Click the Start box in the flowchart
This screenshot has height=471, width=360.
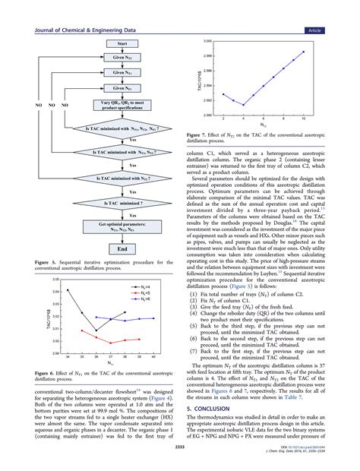coord(112,44)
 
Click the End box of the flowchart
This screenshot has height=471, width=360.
coord(112,226)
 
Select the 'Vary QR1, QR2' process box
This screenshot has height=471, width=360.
coord(112,105)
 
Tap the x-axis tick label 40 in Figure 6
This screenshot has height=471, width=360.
coord(153,356)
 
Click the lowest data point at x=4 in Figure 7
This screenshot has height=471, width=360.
coord(243,105)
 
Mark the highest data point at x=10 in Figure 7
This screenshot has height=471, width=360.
coord(305,52)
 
